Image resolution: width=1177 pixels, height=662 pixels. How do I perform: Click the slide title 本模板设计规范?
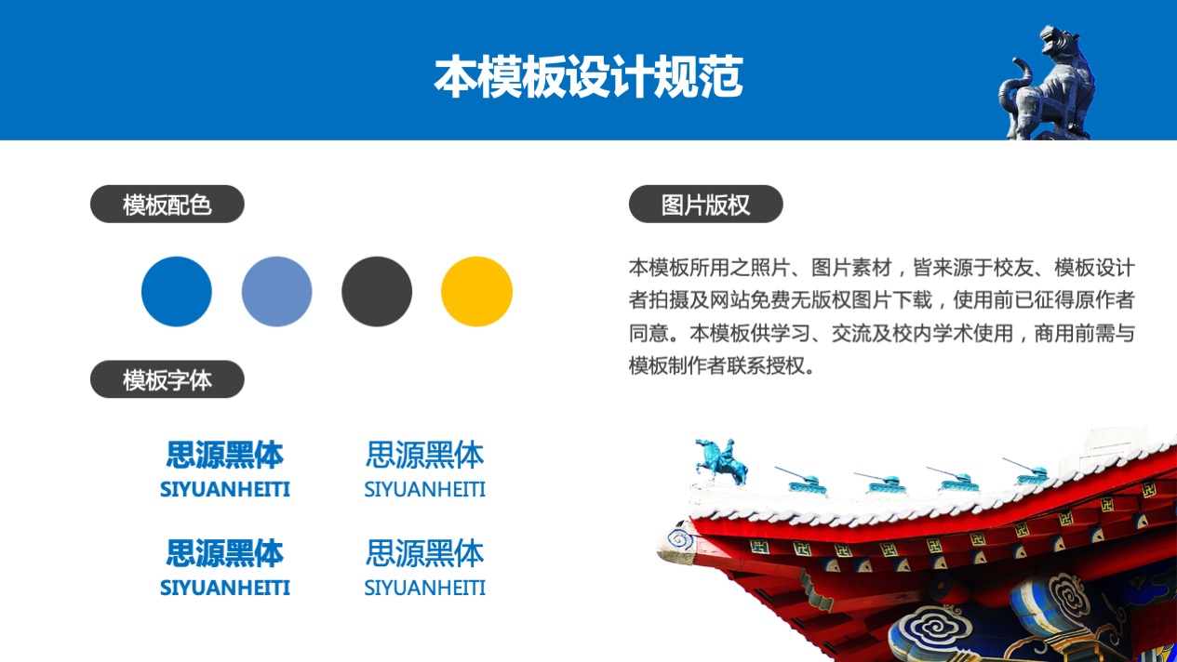588,77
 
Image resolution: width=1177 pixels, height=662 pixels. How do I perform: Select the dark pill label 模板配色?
167,205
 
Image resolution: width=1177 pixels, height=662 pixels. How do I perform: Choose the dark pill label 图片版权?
705,205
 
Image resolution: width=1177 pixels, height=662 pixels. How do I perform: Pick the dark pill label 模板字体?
167,379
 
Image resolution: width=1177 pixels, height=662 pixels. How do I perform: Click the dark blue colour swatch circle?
177,291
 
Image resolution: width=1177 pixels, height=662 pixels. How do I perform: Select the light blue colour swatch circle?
277,291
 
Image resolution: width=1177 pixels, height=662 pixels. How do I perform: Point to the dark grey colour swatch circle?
377,291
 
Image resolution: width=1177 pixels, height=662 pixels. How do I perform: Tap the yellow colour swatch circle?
476,291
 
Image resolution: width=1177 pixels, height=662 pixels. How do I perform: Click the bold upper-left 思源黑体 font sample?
225,455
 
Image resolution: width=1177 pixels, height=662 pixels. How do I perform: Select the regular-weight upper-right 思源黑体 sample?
424,455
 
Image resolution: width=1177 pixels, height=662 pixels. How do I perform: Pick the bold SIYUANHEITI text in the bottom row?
225,588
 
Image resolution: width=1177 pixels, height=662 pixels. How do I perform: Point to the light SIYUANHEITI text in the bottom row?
424,588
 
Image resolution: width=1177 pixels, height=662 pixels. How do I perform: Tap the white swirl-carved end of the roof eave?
678,542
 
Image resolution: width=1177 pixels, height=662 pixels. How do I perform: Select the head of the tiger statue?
1057,40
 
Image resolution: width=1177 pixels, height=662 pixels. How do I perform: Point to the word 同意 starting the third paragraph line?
649,334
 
